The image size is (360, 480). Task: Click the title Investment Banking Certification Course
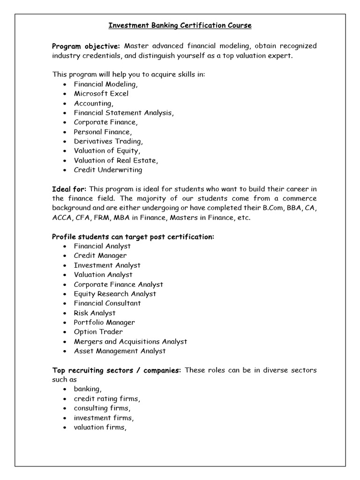pos(180,26)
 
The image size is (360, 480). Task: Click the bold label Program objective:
pos(86,46)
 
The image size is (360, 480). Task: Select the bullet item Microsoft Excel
pos(101,93)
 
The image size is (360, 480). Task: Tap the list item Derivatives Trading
pos(108,141)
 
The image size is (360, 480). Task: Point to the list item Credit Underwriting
pos(108,170)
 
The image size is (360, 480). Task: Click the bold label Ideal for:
pos(69,189)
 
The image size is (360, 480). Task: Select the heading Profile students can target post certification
pos(133,237)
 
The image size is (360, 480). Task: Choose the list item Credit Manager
pos(100,255)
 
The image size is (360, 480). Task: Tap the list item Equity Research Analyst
pos(115,294)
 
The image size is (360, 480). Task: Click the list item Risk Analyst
pos(94,313)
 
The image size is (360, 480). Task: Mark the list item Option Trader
pos(98,332)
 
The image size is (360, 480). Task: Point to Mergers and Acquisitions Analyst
pos(130,341)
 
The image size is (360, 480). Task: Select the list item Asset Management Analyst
pos(120,351)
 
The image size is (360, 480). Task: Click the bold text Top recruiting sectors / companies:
pos(116,370)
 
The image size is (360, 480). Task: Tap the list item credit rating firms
pos(107,399)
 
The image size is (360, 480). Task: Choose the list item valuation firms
pos(100,427)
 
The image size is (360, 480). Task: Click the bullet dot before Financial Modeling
pos(64,84)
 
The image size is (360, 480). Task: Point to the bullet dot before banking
pos(64,390)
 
